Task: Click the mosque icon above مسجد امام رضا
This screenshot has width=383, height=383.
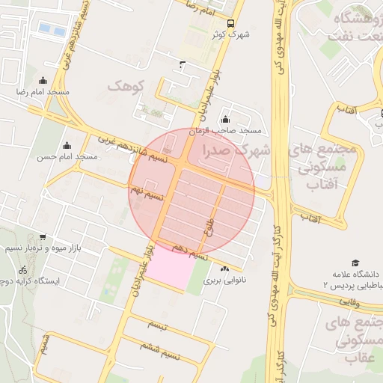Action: (42, 81)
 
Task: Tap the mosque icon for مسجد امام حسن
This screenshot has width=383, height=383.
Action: (68, 146)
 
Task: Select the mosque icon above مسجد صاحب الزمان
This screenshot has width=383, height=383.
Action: (226, 120)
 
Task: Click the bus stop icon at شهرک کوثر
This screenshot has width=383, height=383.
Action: (230, 23)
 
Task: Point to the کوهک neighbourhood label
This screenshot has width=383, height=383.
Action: (124, 86)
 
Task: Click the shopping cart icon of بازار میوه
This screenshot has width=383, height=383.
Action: (42, 236)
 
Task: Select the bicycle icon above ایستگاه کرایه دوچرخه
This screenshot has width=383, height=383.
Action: (23, 269)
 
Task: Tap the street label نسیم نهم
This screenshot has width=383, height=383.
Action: (147, 195)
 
